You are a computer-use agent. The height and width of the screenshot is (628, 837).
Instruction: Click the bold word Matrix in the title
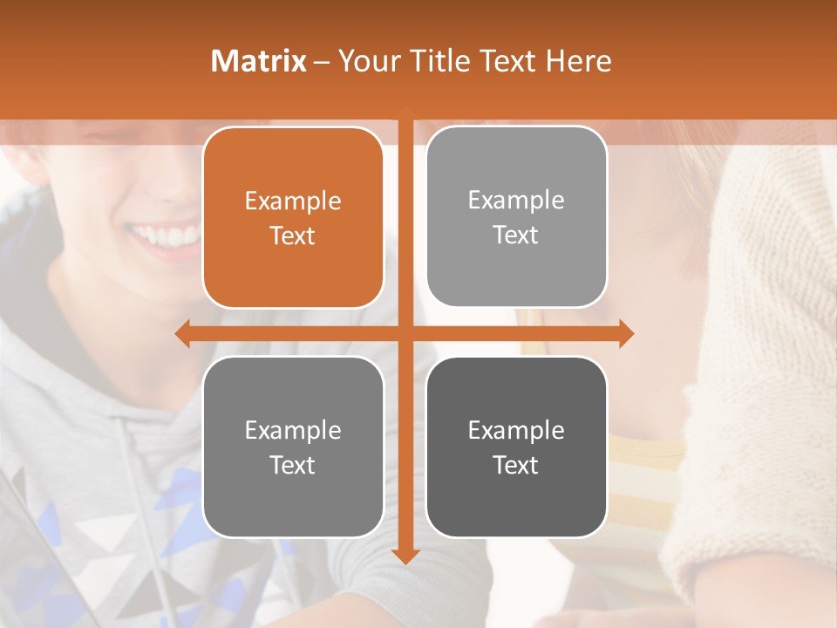pyautogui.click(x=259, y=61)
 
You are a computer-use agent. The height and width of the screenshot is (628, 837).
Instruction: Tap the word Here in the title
pyautogui.click(x=578, y=61)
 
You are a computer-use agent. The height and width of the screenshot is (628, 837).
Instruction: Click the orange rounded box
pyautogui.click(x=293, y=218)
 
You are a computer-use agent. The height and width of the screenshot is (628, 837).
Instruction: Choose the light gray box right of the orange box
pyautogui.click(x=516, y=217)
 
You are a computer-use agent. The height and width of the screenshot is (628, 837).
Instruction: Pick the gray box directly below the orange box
pyautogui.click(x=293, y=447)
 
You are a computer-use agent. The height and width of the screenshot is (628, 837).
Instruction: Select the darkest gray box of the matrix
pyautogui.click(x=516, y=447)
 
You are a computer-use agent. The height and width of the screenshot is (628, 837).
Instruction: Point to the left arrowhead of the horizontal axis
pyautogui.click(x=182, y=333)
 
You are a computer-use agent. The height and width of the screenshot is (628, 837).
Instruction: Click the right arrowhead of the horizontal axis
pyautogui.click(x=626, y=333)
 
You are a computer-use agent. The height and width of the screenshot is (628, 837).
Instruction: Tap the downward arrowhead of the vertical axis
pyautogui.click(x=405, y=556)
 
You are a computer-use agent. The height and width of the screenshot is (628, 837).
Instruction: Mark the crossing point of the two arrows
pyautogui.click(x=405, y=333)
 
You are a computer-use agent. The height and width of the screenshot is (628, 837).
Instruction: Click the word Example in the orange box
pyautogui.click(x=293, y=201)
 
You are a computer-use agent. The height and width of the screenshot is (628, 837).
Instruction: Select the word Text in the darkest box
pyautogui.click(x=516, y=465)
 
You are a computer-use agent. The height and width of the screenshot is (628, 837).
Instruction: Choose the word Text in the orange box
pyautogui.click(x=293, y=236)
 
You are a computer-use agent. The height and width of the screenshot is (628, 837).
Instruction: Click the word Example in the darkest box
pyautogui.click(x=516, y=430)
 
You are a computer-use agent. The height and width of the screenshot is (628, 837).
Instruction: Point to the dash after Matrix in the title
pyautogui.click(x=322, y=62)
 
